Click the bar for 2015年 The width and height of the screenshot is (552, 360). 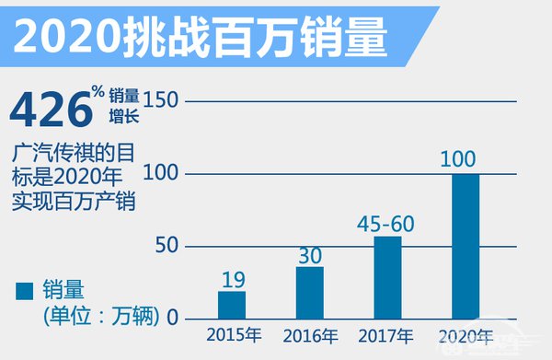pos(232,305)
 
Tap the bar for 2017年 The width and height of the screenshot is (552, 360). pos(387,277)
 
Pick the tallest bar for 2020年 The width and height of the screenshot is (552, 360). pos(466,246)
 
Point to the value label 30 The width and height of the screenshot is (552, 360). pos(309,251)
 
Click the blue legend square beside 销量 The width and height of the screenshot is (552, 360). pos(24,291)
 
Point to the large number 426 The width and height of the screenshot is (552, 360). pos(48,109)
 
